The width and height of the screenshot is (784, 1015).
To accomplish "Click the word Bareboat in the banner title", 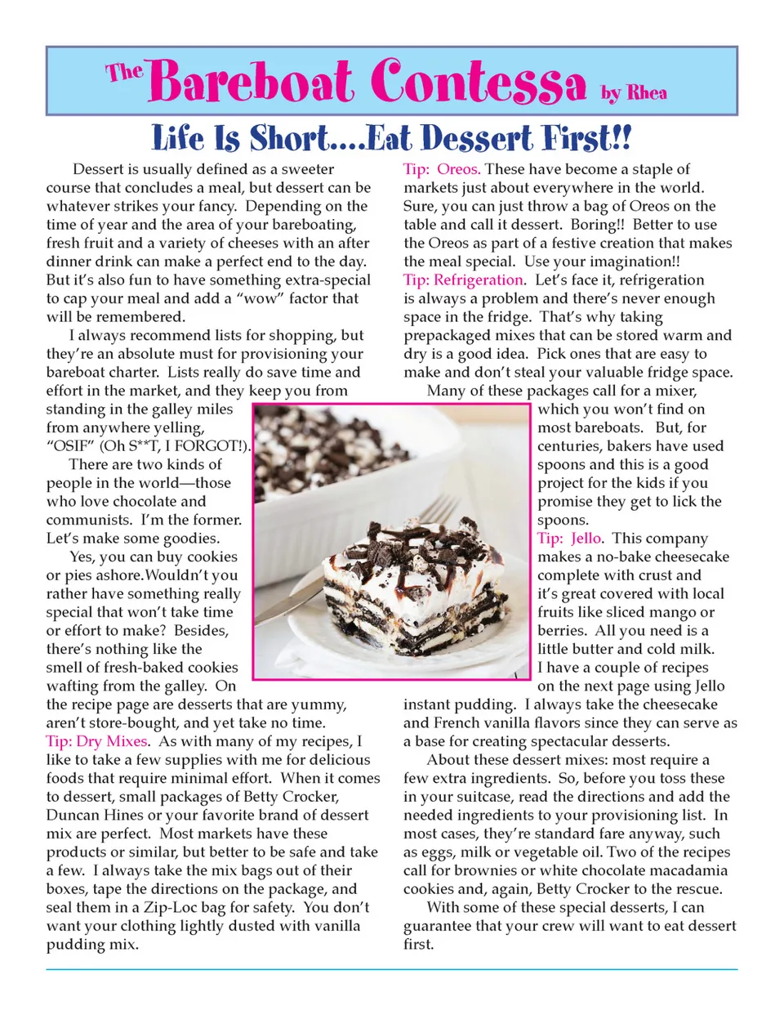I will click(x=252, y=83).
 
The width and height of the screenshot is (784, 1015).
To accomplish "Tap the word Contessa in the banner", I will click(x=478, y=83).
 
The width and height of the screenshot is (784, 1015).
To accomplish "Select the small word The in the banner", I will click(x=124, y=72).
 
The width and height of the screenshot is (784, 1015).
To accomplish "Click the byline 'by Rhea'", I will click(x=634, y=92).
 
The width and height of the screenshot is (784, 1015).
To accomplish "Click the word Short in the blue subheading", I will click(x=290, y=138).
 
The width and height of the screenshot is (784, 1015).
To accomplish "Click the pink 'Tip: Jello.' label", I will click(x=570, y=539).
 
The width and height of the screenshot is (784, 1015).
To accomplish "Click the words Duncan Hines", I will click(x=93, y=815).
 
